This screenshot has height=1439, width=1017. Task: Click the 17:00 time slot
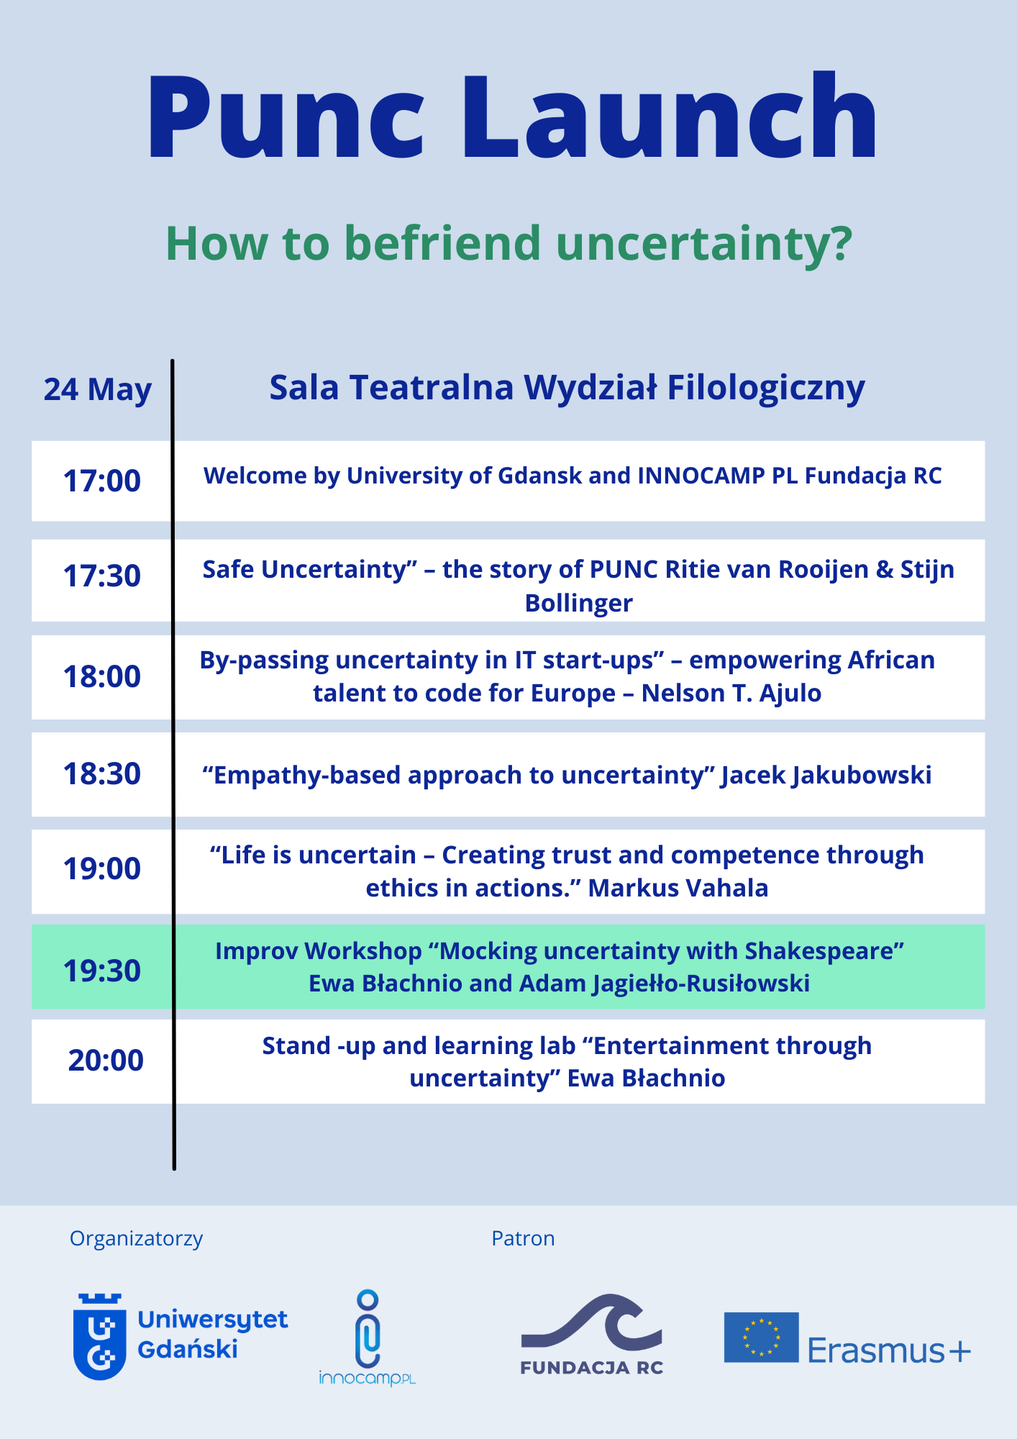(102, 481)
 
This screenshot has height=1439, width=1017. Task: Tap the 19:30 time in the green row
(102, 971)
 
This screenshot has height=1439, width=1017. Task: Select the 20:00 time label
(106, 1060)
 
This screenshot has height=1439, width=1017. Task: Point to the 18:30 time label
(102, 773)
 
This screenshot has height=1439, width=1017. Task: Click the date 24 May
(98, 390)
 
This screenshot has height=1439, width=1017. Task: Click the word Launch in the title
(669, 115)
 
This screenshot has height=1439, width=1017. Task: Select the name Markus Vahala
(678, 888)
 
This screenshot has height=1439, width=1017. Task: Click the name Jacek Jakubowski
(826, 775)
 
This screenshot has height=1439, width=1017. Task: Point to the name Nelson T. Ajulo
(731, 693)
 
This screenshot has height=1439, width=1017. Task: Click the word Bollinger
(579, 603)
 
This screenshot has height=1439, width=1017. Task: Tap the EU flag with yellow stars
(761, 1337)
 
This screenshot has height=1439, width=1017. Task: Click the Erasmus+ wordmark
(889, 1350)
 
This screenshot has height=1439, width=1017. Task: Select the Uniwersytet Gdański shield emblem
(99, 1337)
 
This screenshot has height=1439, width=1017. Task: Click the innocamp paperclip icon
(368, 1328)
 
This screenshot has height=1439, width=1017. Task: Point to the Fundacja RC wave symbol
(591, 1322)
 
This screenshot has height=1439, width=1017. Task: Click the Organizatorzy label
(136, 1239)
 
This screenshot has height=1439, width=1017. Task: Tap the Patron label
(523, 1238)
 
